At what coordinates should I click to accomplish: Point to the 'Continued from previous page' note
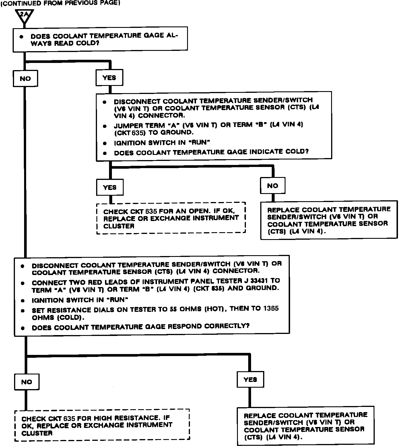[60, 3]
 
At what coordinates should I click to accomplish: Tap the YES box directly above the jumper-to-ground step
[109, 78]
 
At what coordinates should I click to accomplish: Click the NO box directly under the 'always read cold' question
[25, 78]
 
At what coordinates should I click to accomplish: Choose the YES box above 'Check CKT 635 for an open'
[110, 187]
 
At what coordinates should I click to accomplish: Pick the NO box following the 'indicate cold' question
[273, 186]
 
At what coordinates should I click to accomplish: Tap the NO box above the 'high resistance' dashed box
[27, 382]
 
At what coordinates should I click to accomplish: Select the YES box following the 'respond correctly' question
[250, 379]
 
